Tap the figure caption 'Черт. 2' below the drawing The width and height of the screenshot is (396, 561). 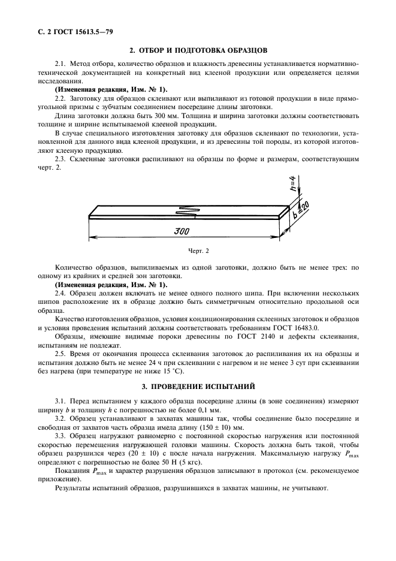(198, 250)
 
